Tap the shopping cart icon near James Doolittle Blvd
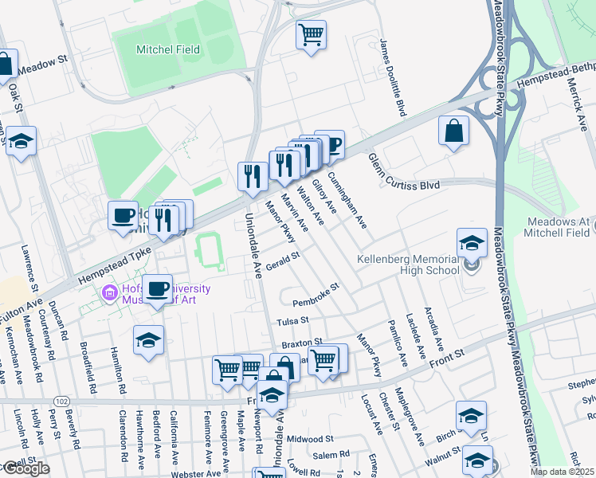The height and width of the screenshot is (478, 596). click(x=311, y=34)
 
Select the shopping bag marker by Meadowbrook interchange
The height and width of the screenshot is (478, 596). click(x=453, y=131)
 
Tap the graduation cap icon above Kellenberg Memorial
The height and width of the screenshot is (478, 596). click(x=472, y=243)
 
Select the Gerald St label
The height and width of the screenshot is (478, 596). click(x=283, y=261)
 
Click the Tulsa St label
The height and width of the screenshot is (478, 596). click(x=292, y=321)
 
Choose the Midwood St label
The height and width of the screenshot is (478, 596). click(x=310, y=439)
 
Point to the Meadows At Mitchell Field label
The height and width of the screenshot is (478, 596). click(x=558, y=227)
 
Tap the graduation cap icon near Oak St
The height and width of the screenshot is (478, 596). click(x=22, y=141)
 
